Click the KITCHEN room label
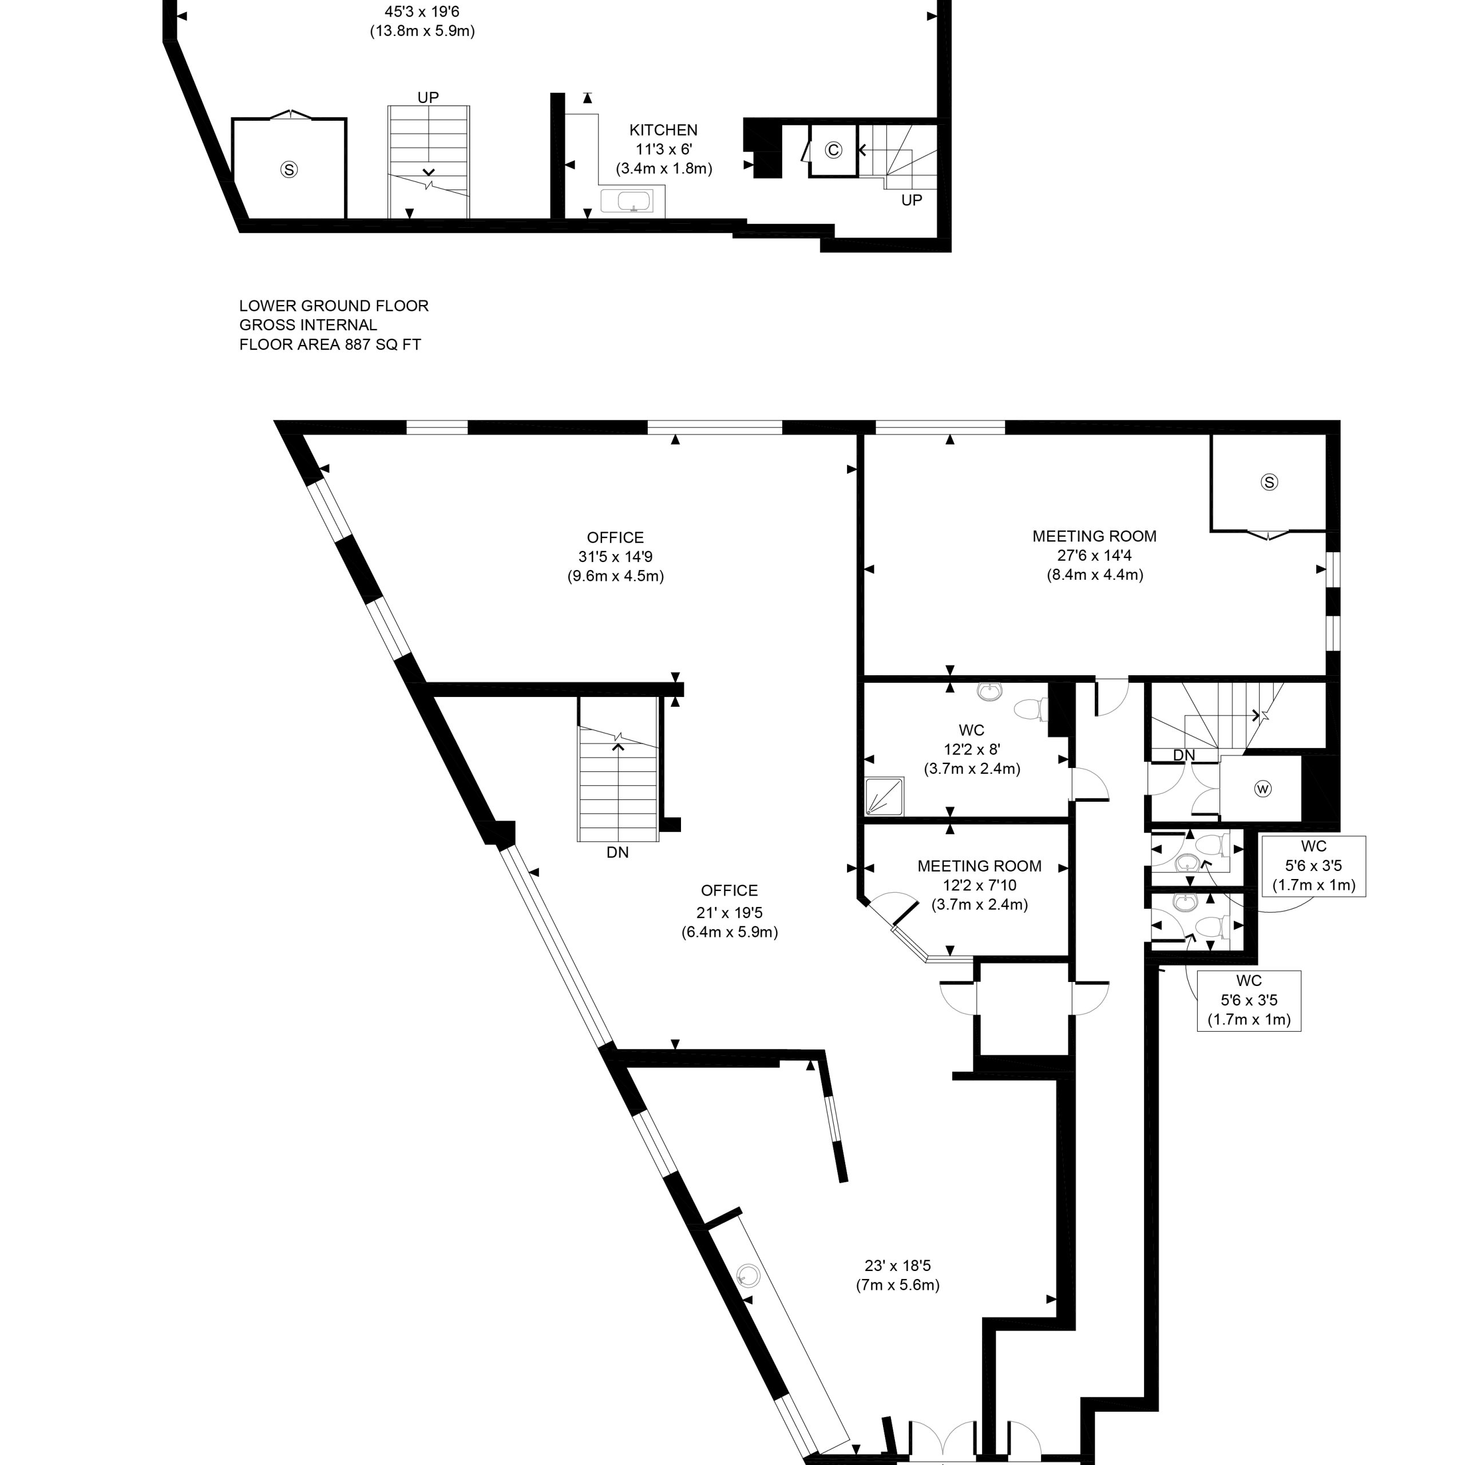(663, 130)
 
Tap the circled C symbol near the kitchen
(833, 150)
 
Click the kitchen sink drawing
(626, 201)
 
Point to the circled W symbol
(1262, 789)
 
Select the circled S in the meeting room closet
(1269, 482)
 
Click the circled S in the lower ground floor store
(289, 170)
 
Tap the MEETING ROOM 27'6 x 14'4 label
(1095, 556)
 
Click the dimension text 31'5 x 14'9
(616, 557)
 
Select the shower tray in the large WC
(885, 796)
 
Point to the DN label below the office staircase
(618, 852)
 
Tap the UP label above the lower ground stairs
(429, 97)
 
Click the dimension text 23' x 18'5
(898, 1266)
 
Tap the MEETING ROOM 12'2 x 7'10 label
(980, 885)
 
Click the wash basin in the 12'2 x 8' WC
(989, 691)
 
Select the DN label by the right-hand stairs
(1183, 755)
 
